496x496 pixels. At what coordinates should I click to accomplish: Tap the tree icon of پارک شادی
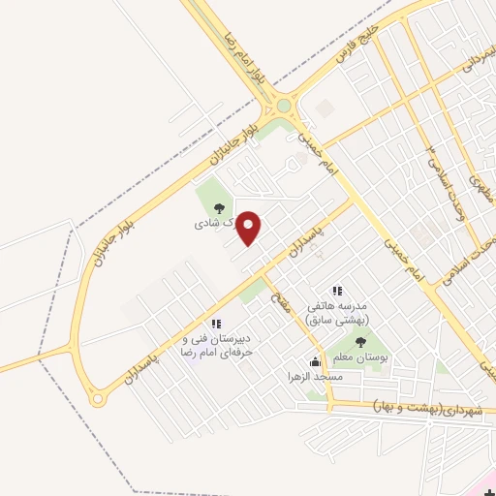click(219, 207)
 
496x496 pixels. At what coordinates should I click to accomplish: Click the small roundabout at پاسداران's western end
click(96, 397)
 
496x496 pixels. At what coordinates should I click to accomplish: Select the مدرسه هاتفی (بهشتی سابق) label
click(339, 311)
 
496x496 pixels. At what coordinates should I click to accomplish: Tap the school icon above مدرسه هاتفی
click(337, 291)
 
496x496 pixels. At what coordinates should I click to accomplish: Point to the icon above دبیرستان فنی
click(215, 324)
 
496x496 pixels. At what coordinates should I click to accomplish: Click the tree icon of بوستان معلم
click(360, 342)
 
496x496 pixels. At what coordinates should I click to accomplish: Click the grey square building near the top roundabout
click(324, 108)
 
